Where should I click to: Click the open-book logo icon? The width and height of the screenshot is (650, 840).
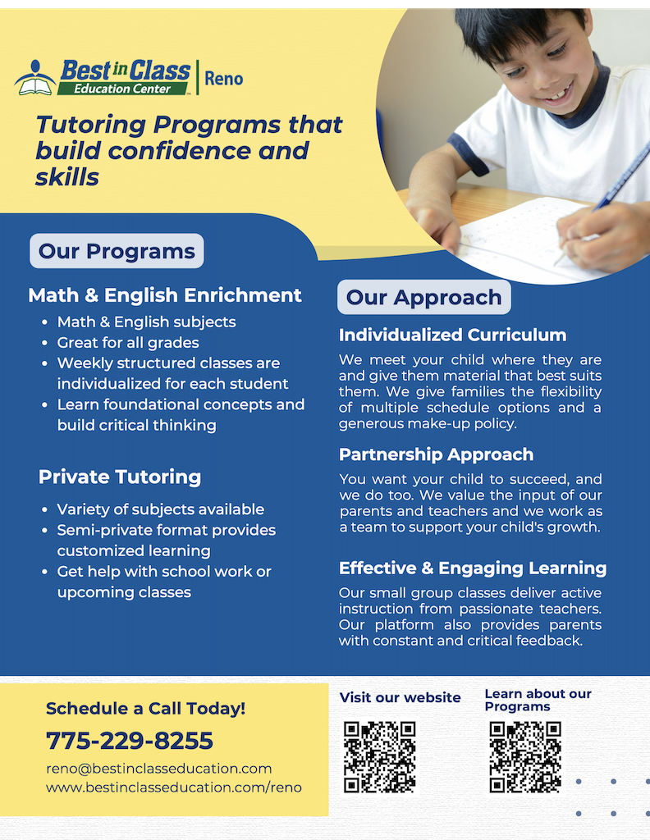[35, 77]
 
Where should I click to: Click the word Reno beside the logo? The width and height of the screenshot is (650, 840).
[223, 78]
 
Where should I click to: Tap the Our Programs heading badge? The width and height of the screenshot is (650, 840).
[117, 251]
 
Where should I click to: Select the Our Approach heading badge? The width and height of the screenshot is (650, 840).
[423, 297]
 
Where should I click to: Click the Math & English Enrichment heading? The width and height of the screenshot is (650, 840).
[165, 295]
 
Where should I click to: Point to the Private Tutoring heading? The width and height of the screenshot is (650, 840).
[120, 477]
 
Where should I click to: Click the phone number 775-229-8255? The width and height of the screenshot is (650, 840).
[130, 741]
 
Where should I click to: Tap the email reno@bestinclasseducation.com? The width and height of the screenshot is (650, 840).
[158, 769]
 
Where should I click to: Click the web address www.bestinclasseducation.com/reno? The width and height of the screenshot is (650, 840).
[174, 787]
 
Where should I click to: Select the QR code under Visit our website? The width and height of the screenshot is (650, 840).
[379, 756]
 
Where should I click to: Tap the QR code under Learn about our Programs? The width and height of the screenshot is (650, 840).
[525, 756]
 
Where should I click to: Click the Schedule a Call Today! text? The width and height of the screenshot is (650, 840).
[145, 709]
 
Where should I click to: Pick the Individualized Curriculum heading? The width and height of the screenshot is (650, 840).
[452, 335]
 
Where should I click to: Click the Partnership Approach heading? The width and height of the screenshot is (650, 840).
[436, 454]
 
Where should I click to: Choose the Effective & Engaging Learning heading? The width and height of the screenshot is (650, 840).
[473, 568]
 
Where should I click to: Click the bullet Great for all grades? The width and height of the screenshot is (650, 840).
[128, 343]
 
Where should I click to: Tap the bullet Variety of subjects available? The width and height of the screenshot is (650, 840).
[161, 509]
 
